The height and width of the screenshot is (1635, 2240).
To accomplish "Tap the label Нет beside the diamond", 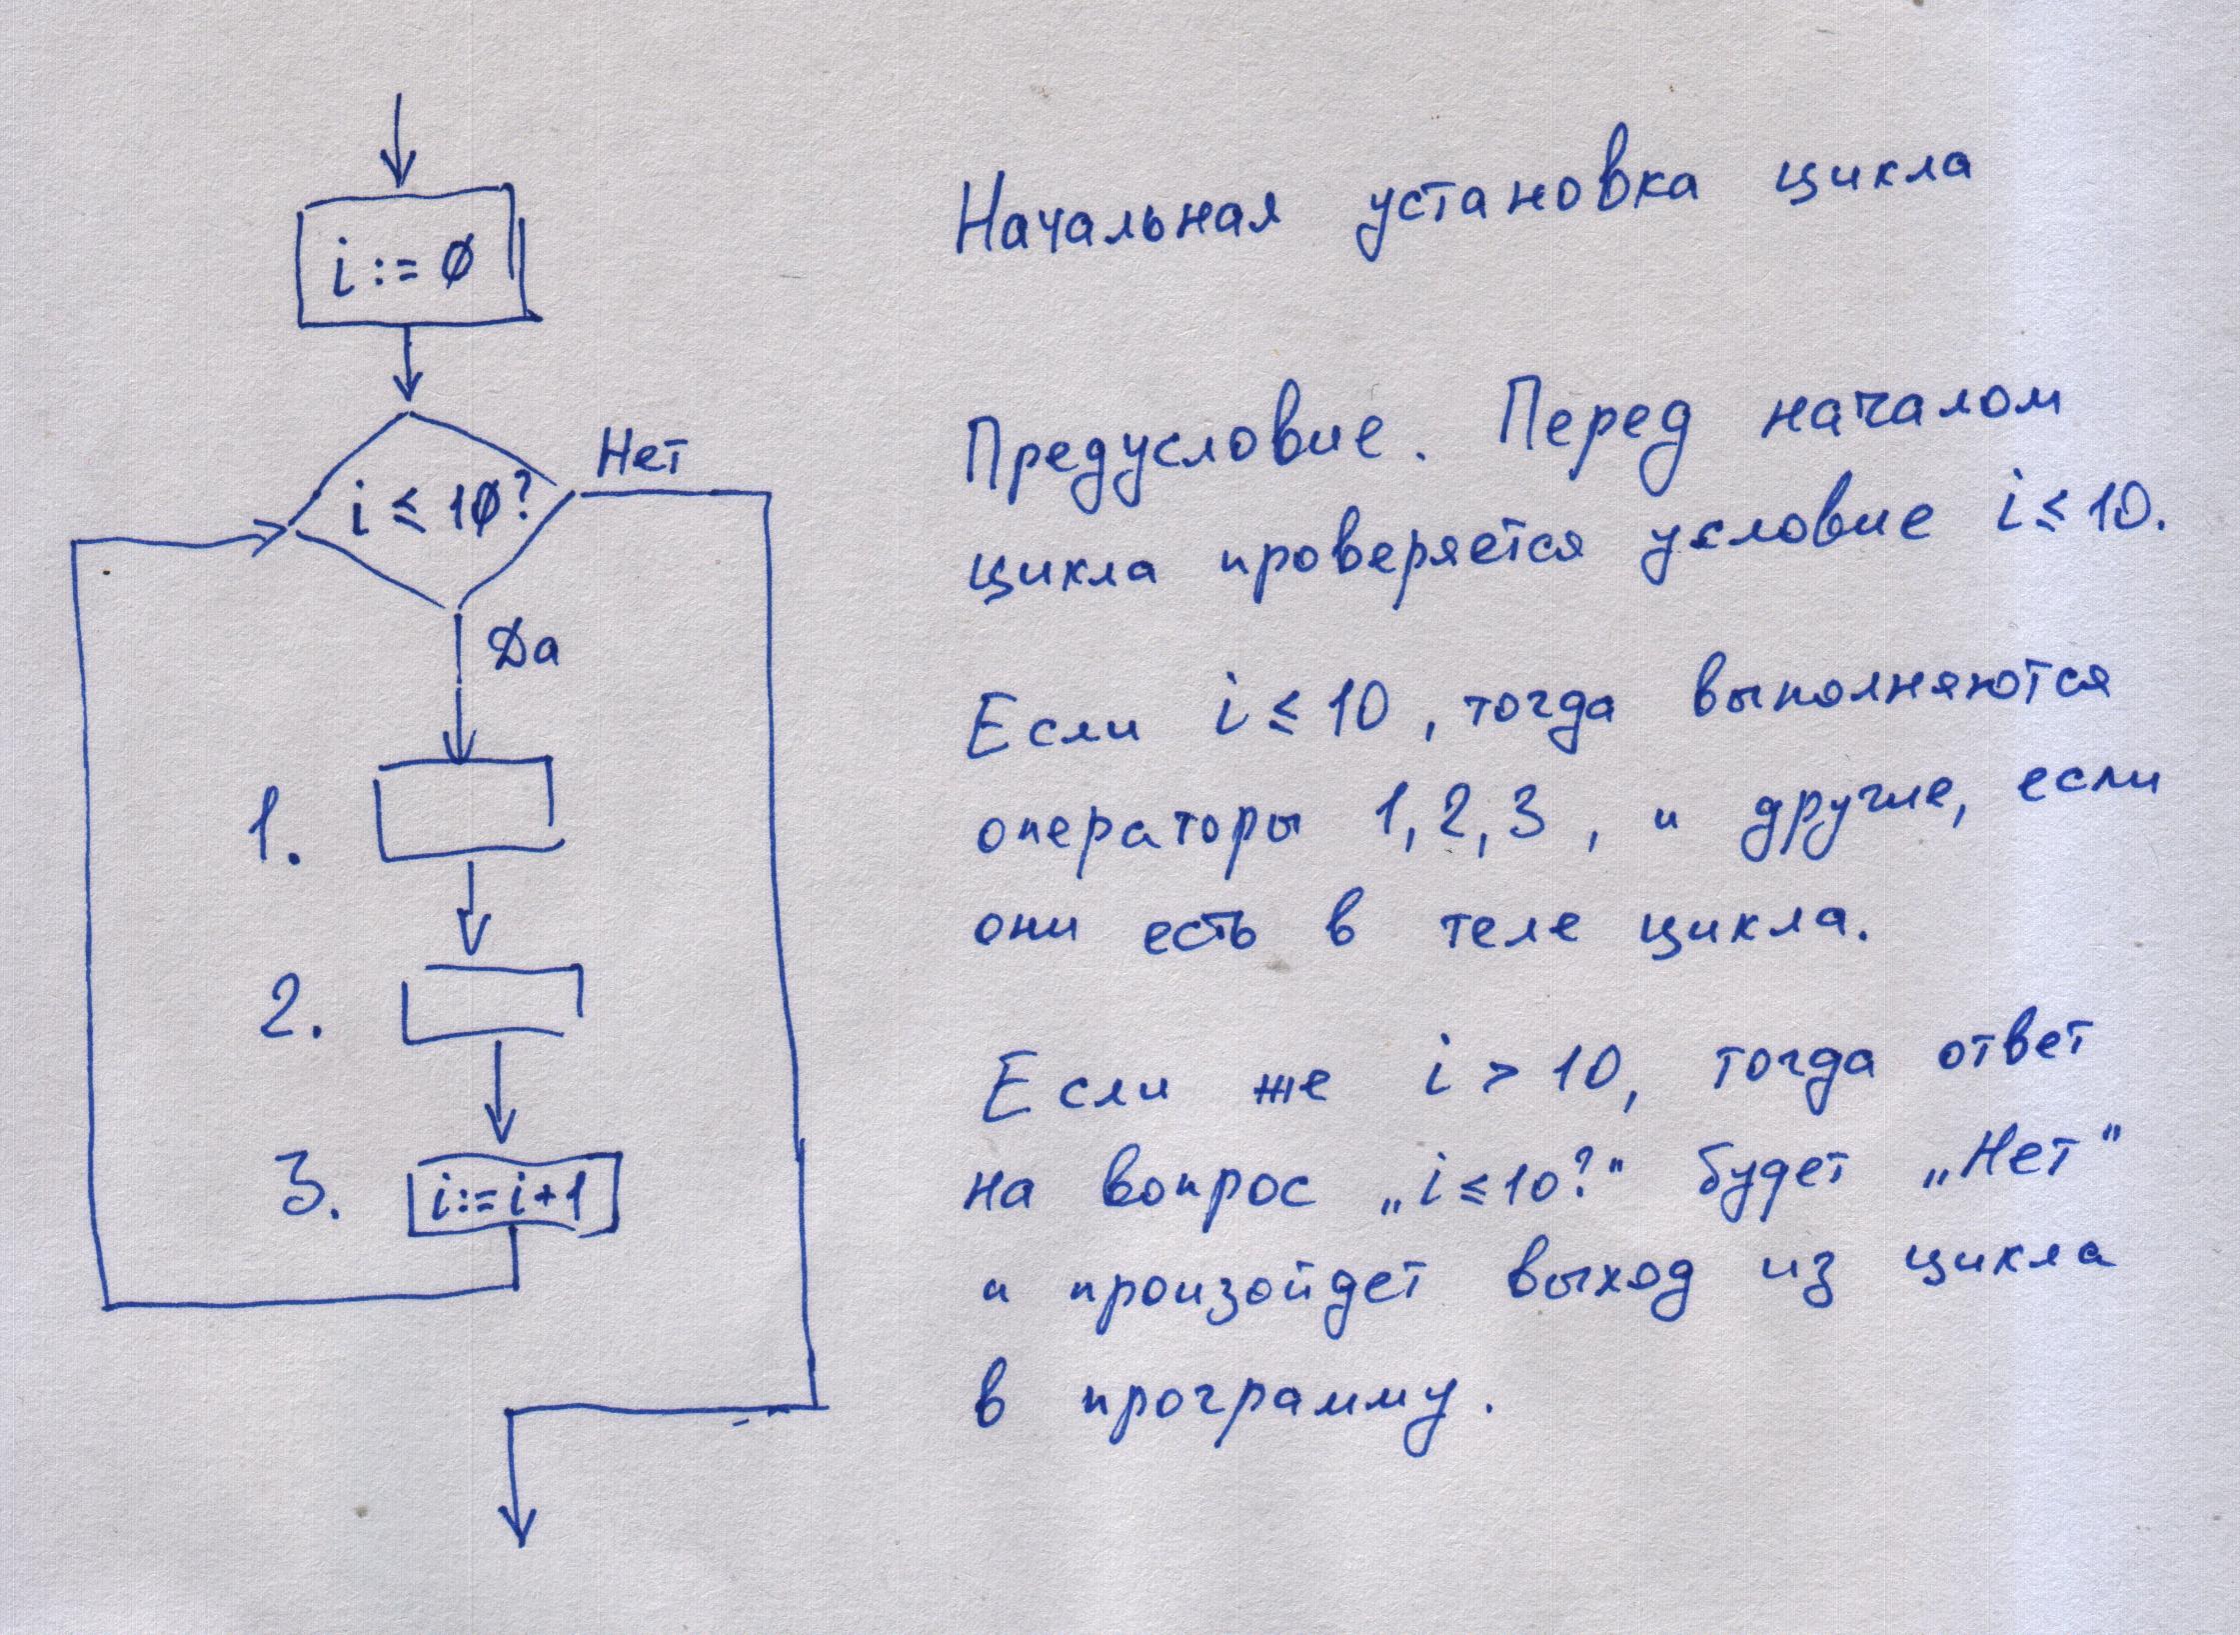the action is [641, 461].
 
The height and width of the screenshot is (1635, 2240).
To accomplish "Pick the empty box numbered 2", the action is [493, 1003].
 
